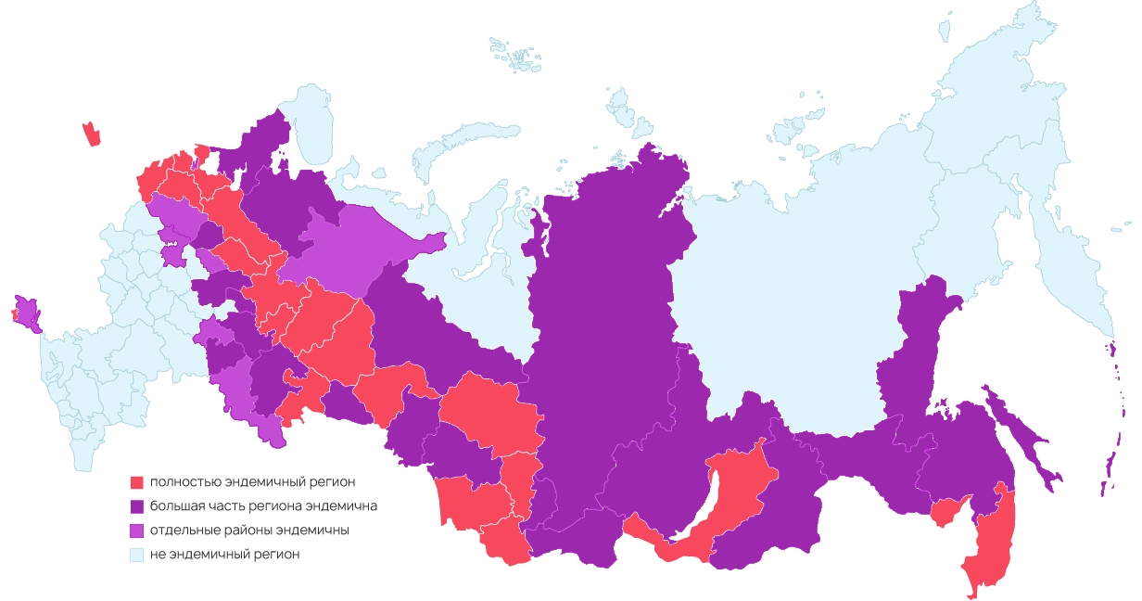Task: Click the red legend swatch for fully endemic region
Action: click(136, 482)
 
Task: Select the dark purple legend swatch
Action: click(136, 506)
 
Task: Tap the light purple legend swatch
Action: click(136, 531)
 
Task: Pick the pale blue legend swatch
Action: click(136, 555)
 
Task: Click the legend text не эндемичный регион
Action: click(225, 555)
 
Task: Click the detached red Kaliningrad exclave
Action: click(91, 134)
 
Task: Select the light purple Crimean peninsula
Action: click(28, 313)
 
